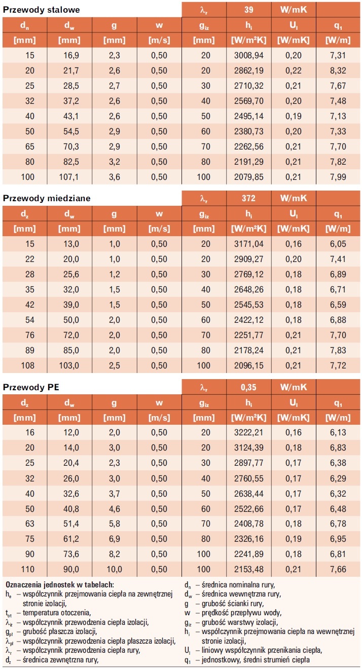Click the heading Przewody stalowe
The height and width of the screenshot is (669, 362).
[41, 10]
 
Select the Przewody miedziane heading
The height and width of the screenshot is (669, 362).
[47, 198]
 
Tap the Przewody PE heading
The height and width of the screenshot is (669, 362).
[31, 387]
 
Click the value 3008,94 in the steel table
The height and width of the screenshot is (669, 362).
[249, 55]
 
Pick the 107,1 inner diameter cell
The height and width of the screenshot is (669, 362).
[69, 177]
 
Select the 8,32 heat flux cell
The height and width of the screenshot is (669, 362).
[338, 70]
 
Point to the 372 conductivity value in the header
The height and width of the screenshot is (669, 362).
[248, 198]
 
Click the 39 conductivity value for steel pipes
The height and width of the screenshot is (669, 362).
[248, 10]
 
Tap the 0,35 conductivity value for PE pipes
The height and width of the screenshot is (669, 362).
[248, 387]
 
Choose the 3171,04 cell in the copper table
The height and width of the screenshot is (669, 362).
[249, 244]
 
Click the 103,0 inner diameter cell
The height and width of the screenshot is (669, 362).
[69, 365]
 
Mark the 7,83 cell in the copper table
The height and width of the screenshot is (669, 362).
[338, 350]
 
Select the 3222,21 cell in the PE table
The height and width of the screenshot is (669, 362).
[249, 432]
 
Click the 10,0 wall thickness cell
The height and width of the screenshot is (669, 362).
[114, 569]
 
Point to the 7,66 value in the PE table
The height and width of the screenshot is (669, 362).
[338, 569]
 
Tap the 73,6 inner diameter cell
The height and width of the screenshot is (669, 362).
[71, 554]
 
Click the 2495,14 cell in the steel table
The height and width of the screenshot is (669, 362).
[249, 116]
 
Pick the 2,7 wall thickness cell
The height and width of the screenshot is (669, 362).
[115, 86]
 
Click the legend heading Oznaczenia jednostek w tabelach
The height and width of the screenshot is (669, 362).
[60, 584]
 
